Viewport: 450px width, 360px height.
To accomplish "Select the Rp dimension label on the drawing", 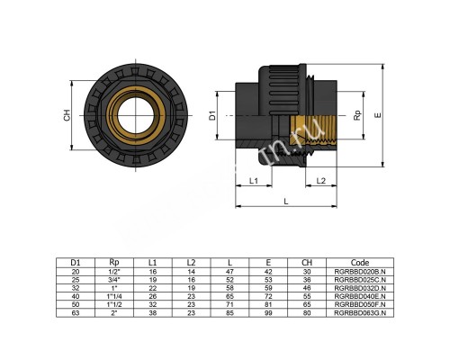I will (357, 115).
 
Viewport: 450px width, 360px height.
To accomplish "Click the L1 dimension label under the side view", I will (254, 181).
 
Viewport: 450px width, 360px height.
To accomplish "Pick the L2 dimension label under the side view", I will (321, 181).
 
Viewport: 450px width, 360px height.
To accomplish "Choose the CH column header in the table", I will (310, 262).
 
